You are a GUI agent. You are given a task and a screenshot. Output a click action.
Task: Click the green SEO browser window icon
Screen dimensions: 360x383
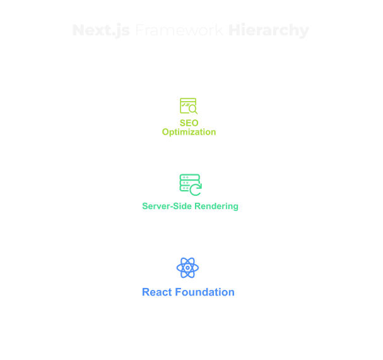pyautogui.click(x=188, y=105)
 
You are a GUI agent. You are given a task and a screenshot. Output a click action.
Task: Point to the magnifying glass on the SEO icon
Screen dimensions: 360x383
pyautogui.click(x=193, y=110)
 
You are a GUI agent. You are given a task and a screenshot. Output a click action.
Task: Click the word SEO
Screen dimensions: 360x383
pyautogui.click(x=189, y=123)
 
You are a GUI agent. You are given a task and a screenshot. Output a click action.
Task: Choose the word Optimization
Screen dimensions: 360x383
pyautogui.click(x=189, y=132)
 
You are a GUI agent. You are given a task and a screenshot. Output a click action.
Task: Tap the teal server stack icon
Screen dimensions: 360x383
pyautogui.click(x=189, y=183)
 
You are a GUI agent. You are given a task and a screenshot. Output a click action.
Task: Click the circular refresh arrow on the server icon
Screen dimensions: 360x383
pyautogui.click(x=196, y=188)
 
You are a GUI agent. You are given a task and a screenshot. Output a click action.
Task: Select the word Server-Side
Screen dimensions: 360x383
pyautogui.click(x=165, y=207)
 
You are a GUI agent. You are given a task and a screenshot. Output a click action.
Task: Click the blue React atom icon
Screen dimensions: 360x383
pyautogui.click(x=188, y=268)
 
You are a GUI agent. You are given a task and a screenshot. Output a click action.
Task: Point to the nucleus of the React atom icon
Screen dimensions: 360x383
pyautogui.click(x=188, y=268)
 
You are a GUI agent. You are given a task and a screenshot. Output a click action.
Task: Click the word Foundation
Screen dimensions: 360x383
pyautogui.click(x=204, y=292)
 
